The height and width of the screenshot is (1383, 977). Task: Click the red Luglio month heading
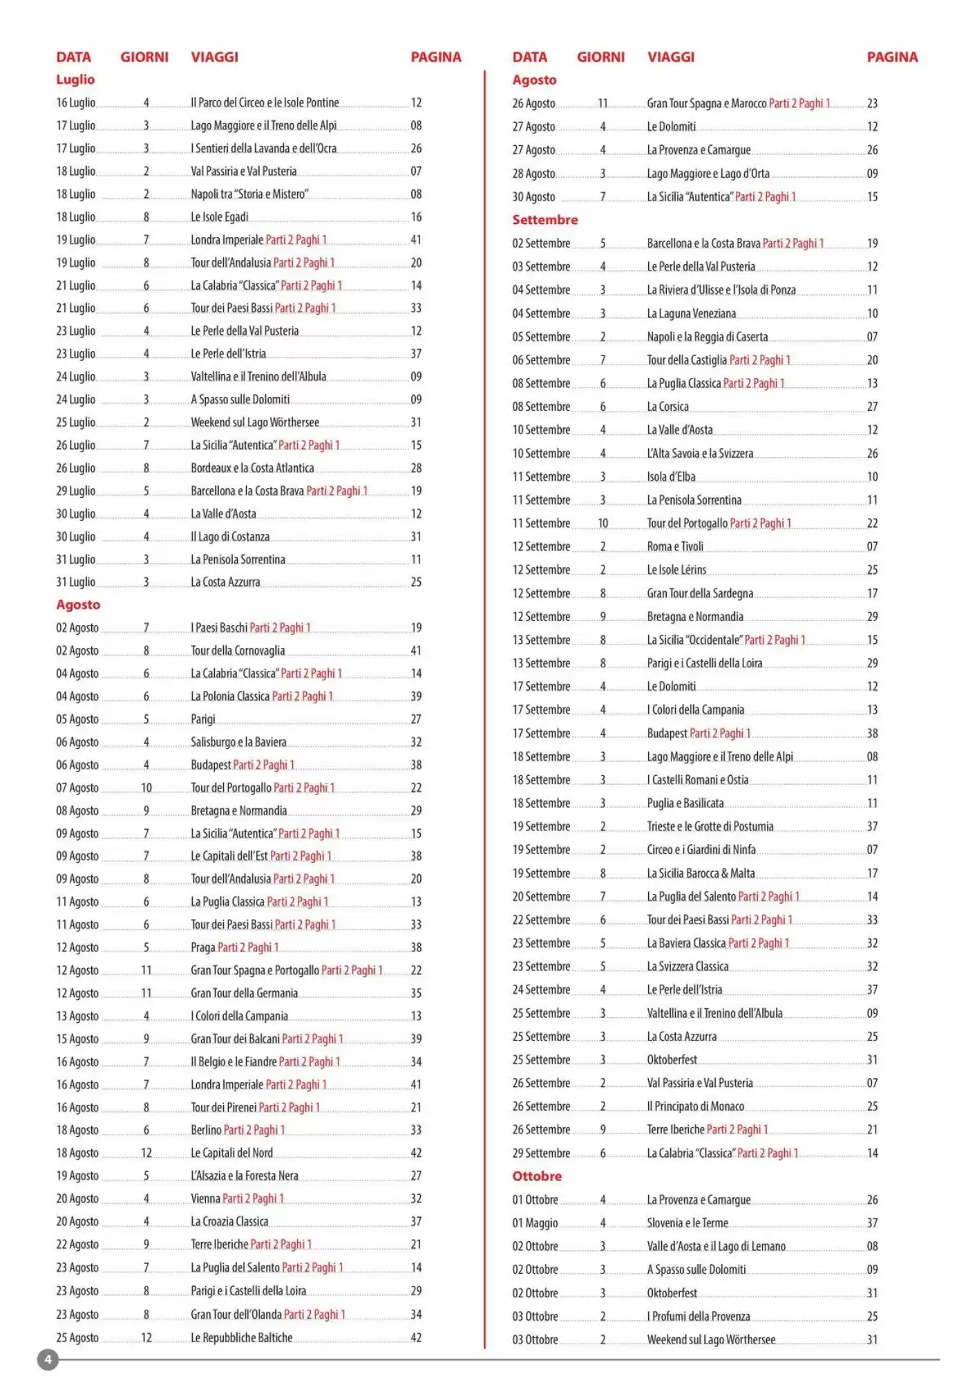[x=75, y=80]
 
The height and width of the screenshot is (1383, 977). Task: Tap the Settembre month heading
[x=544, y=220]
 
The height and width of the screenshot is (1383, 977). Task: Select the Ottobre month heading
[x=537, y=1176]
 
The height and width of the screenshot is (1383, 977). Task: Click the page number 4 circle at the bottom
[x=48, y=1360]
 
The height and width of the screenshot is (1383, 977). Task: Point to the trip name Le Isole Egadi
[x=219, y=217]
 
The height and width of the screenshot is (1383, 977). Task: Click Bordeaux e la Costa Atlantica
[x=252, y=468]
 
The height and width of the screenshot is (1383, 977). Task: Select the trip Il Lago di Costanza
[x=230, y=537]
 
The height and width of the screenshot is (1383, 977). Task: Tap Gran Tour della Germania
[x=244, y=993]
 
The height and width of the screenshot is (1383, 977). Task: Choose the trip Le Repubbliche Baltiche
[x=241, y=1337]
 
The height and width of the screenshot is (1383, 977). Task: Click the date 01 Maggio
[x=535, y=1223]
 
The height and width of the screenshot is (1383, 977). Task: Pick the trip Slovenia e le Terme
[x=687, y=1223]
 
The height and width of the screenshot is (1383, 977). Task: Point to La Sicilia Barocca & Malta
[x=701, y=873]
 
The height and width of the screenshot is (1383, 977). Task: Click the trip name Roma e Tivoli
[x=675, y=546]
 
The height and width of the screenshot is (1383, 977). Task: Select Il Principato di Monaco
[x=695, y=1106]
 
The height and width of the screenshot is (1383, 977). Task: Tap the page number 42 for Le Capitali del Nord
[x=416, y=1153]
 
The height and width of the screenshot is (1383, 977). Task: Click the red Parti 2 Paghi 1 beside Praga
[x=248, y=947]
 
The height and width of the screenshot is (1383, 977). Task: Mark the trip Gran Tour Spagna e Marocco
[x=706, y=103]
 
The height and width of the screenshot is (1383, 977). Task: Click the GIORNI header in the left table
[x=144, y=57]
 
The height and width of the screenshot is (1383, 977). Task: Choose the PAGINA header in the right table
[x=892, y=57]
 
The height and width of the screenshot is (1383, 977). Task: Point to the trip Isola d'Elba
[x=671, y=476]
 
